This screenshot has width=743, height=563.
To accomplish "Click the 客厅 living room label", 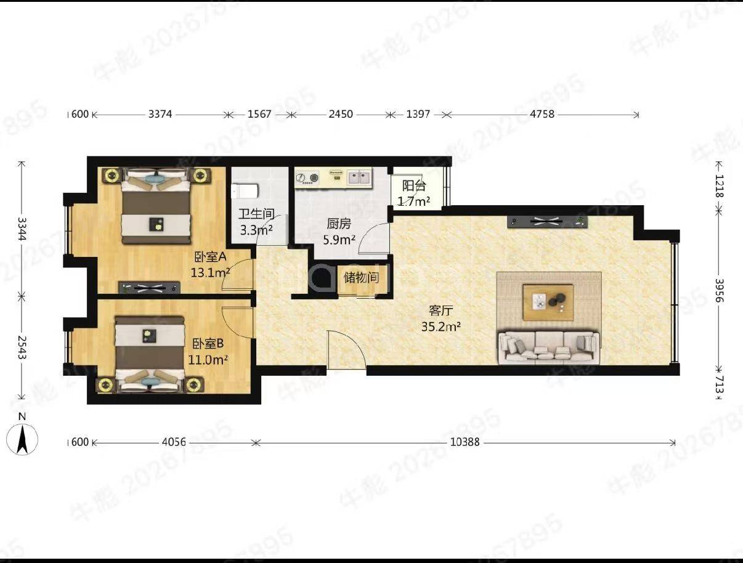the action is coord(441,310).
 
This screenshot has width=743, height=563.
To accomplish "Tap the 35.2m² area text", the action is coord(441,326).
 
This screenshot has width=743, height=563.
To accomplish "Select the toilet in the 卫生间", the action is coord(245,191).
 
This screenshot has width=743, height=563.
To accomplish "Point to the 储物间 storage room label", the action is coord(361,278).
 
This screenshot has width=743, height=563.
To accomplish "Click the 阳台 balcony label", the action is coord(414,185).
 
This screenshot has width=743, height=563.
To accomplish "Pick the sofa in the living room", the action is coord(548,347).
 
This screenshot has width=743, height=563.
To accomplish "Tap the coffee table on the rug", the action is coord(548,302).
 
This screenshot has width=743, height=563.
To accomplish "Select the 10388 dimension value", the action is coord(465,442).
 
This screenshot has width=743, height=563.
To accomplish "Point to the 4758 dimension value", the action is coord(542,114).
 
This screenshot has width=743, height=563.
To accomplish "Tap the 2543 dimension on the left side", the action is coord(22,347).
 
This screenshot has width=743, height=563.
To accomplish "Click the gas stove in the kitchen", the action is coord(307,177).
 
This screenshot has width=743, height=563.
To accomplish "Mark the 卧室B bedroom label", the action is coord(208,344).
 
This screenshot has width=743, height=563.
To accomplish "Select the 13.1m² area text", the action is coord(210,272).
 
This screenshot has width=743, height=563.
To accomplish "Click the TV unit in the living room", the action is coord(547,222).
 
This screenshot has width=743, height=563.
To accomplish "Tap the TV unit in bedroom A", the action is coord(149,288).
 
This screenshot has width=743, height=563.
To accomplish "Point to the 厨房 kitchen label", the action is coord(339,224).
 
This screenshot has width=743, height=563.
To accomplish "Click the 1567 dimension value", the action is coord(259,114).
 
